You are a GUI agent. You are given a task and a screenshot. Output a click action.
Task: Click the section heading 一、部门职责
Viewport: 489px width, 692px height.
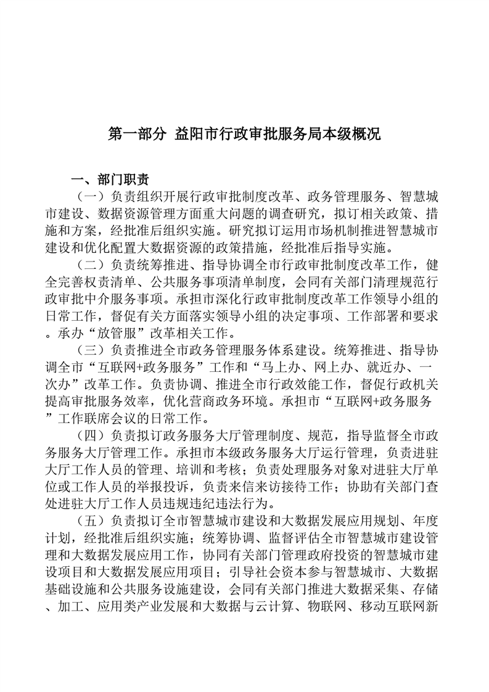(x=110, y=180)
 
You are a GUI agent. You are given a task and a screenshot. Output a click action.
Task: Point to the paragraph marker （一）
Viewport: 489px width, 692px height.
(x=89, y=198)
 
